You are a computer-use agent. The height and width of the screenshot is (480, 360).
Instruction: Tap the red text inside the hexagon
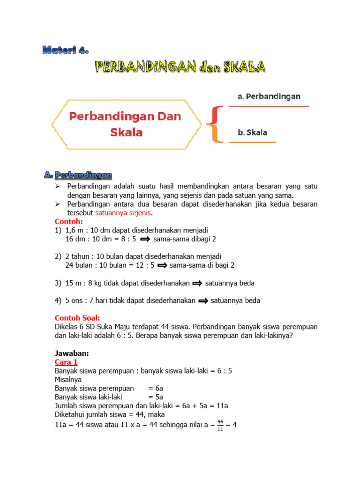(x=126, y=124)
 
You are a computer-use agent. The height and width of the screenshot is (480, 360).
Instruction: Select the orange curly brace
(x=214, y=124)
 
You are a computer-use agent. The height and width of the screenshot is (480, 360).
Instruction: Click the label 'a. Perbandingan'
(x=269, y=96)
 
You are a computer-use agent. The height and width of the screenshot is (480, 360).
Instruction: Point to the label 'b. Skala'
(x=252, y=132)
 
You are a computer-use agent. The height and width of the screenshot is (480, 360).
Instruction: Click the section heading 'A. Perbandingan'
(x=79, y=175)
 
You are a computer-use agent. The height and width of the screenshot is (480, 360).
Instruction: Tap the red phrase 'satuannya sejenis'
(x=124, y=213)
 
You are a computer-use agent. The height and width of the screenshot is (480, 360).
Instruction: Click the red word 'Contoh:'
(x=68, y=221)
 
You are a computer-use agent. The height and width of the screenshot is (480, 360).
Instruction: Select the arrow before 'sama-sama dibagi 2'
(x=145, y=239)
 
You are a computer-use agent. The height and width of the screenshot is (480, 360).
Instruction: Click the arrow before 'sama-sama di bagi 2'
(x=162, y=265)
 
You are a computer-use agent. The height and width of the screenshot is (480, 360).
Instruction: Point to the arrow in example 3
(x=197, y=283)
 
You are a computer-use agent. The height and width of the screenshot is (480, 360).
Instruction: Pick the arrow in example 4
(x=203, y=301)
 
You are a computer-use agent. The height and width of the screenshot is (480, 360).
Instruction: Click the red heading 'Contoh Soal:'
(x=77, y=318)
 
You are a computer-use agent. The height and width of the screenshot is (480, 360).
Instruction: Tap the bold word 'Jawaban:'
(x=71, y=353)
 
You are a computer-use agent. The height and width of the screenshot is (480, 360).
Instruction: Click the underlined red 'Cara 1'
(x=66, y=362)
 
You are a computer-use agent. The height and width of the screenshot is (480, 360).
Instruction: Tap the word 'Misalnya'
(x=69, y=380)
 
